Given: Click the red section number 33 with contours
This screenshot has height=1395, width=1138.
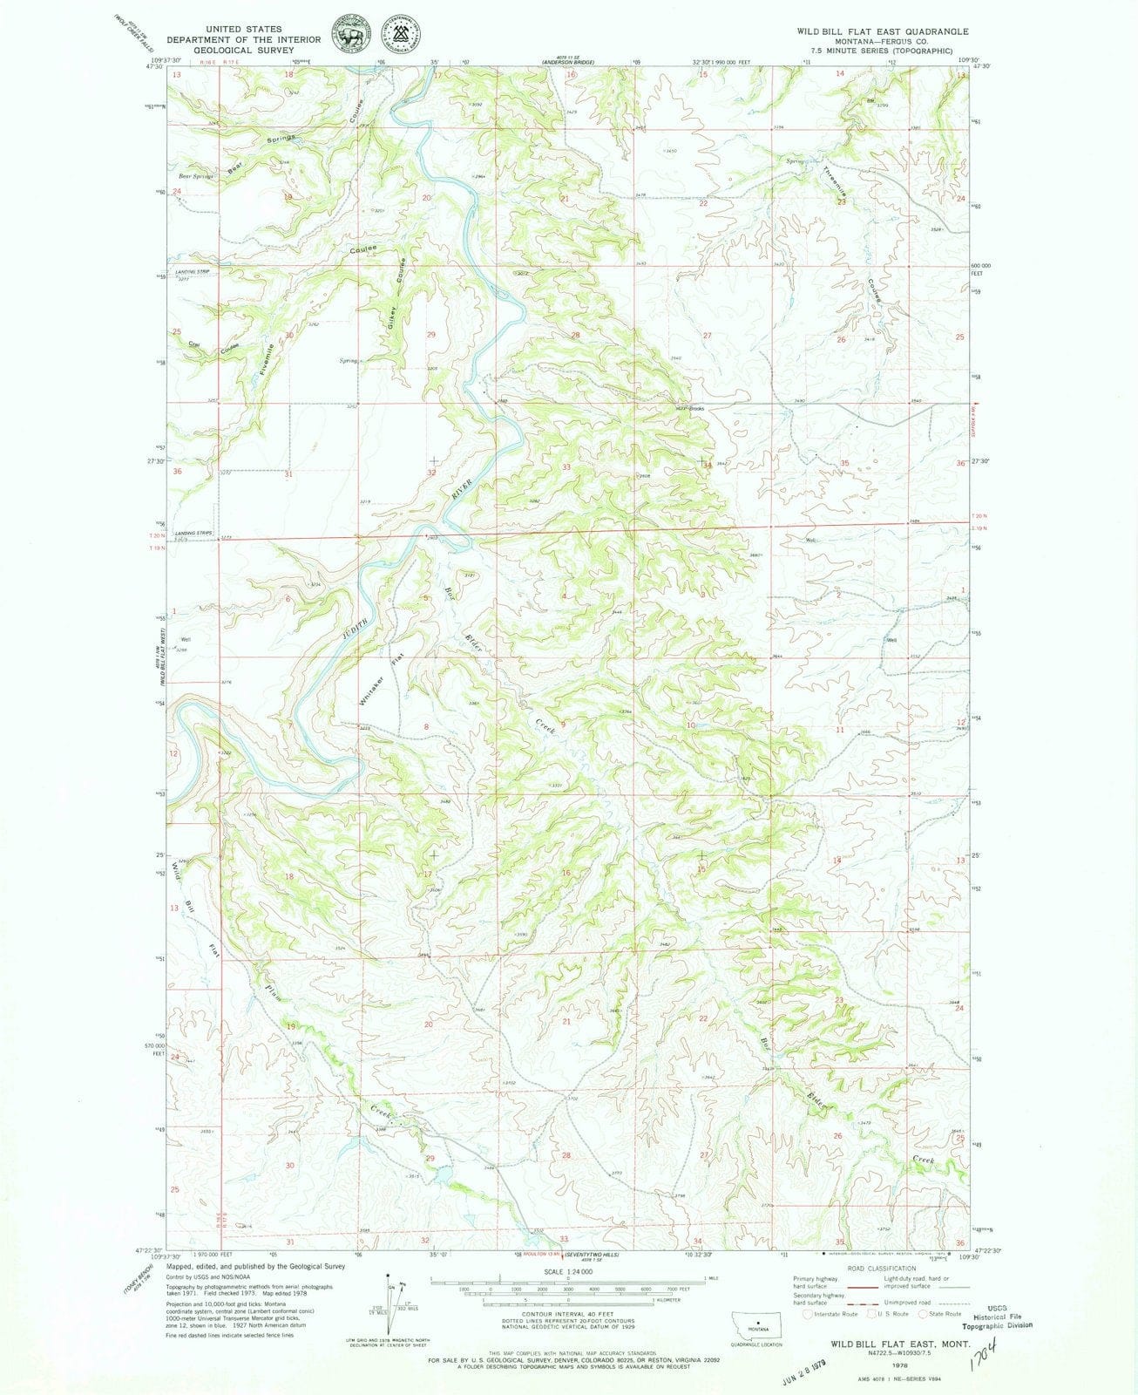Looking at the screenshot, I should [566, 467].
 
